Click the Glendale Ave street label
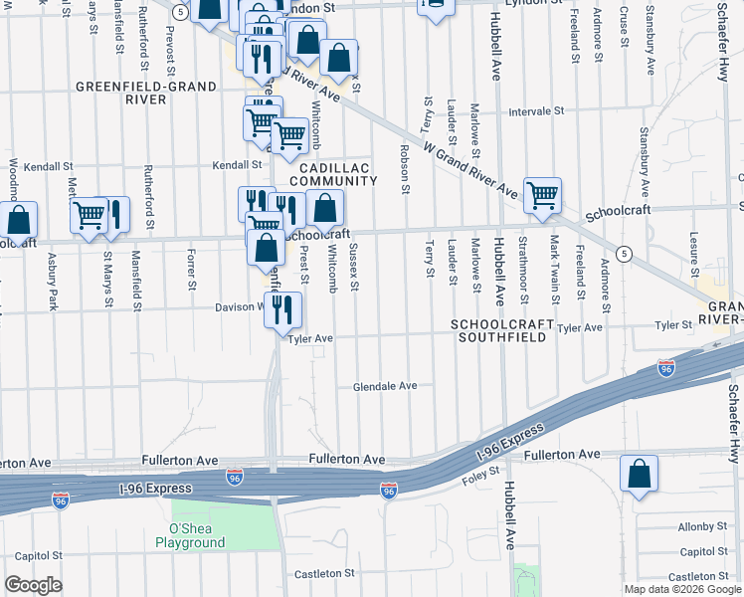point(385,386)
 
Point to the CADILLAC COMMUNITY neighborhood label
point(333,174)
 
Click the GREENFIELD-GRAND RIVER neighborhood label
point(146,94)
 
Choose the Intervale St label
point(536,111)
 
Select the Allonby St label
point(703,526)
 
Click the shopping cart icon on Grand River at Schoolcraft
point(543,195)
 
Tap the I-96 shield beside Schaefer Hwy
point(666,367)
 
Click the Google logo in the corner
point(34,585)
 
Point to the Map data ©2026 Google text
point(681,589)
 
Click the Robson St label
point(405,168)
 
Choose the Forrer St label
point(191,271)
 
